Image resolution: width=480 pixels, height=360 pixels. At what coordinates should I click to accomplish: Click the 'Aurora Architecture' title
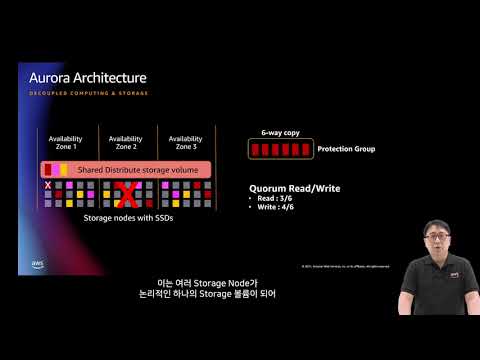tap(88, 78)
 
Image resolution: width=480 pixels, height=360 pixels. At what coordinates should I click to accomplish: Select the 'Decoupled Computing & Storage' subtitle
tap(88, 93)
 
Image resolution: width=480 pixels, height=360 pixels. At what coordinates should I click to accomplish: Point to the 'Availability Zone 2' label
tap(126, 143)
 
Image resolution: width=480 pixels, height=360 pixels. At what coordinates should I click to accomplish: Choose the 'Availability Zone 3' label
tap(186, 143)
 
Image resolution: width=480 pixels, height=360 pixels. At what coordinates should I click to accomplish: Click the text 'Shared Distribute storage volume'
tap(137, 169)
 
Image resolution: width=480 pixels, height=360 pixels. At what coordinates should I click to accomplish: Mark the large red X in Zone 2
tap(126, 194)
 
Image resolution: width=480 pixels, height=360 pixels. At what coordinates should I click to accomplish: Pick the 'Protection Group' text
tap(346, 149)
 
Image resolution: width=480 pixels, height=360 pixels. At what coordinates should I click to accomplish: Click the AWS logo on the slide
tap(36, 266)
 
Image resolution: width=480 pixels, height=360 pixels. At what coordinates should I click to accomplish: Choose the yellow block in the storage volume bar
tap(63, 169)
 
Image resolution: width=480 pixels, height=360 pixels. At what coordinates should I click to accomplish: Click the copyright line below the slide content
tap(345, 267)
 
